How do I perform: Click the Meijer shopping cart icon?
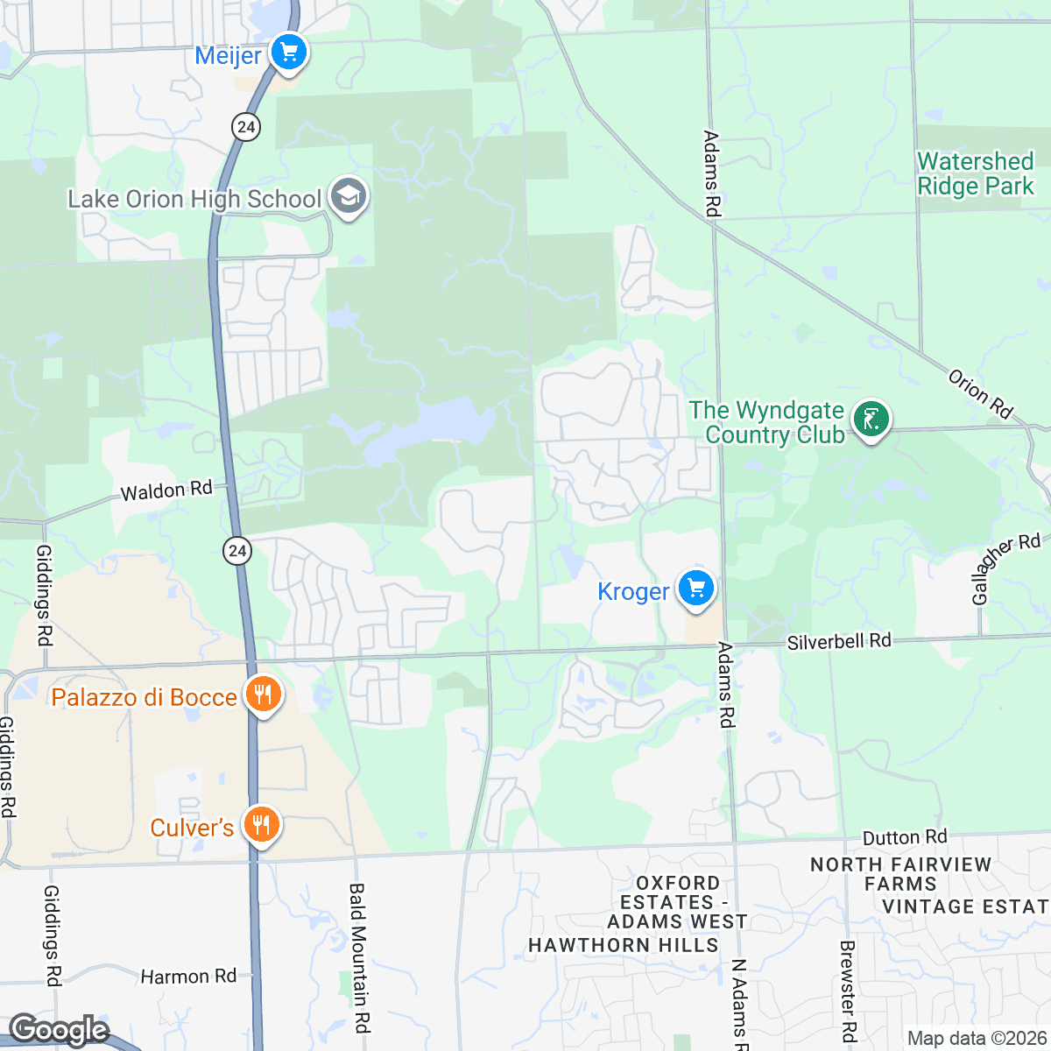coord(288,53)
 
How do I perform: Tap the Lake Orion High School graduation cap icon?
coord(349,198)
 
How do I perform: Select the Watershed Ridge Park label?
coord(975,173)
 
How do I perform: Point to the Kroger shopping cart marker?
coord(696,589)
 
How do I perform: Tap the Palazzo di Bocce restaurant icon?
coord(262,695)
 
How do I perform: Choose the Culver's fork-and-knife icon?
coord(260,825)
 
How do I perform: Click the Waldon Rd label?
coord(166,490)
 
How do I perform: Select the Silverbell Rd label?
coord(838,641)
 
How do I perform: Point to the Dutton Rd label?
coord(905,837)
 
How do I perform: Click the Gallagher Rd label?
coord(1006,568)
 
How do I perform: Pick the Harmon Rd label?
coord(188,976)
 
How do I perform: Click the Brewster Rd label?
coord(847,990)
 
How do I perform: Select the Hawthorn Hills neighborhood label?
coord(623,945)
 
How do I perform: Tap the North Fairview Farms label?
coord(900,874)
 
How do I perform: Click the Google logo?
coord(59,1031)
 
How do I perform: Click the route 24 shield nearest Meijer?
coord(246,127)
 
